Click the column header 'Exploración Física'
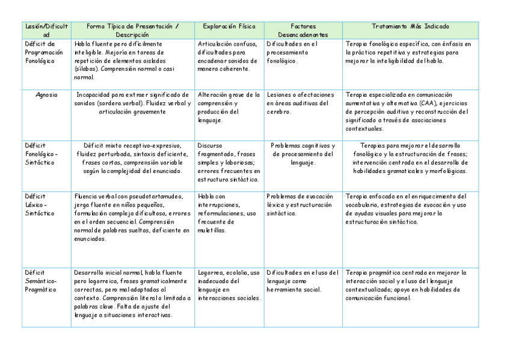[x=229, y=26]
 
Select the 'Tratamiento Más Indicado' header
[x=410, y=26]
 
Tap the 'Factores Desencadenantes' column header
[x=303, y=31]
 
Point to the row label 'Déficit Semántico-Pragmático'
[x=41, y=281]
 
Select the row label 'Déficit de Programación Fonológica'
[x=44, y=52]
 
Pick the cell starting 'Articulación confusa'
[x=229, y=56]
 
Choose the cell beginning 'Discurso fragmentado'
[x=229, y=162]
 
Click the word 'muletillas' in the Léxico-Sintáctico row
[x=211, y=230]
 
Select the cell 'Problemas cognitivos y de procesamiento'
[x=303, y=154]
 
